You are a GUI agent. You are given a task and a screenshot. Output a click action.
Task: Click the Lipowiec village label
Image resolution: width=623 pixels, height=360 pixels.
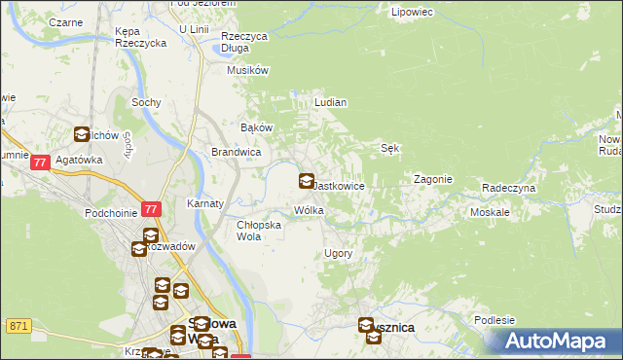point(410,13)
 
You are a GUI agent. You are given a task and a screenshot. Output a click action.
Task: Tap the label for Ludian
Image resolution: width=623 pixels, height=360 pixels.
point(331,101)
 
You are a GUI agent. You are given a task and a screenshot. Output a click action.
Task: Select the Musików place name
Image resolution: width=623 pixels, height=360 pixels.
point(247,70)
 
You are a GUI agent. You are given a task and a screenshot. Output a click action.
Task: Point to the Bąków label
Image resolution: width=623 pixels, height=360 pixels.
point(256,127)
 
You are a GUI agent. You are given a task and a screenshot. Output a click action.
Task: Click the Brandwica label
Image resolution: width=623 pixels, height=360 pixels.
point(236,152)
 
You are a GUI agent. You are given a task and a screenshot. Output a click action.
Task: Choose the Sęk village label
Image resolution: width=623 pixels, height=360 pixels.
point(389,148)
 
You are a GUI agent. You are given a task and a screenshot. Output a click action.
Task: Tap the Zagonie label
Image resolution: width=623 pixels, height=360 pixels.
point(432,179)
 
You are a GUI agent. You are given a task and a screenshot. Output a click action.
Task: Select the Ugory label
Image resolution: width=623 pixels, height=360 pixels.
point(338,253)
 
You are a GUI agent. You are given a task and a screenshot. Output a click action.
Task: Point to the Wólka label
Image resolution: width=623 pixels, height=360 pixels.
point(309,210)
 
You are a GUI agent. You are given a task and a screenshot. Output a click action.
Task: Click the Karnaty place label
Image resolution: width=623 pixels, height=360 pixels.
point(205,204)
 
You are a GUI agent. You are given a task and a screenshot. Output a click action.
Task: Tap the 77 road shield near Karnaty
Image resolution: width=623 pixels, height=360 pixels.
point(151,209)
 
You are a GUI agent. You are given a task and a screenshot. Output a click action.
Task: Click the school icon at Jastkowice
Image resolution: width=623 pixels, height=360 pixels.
point(306,181)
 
